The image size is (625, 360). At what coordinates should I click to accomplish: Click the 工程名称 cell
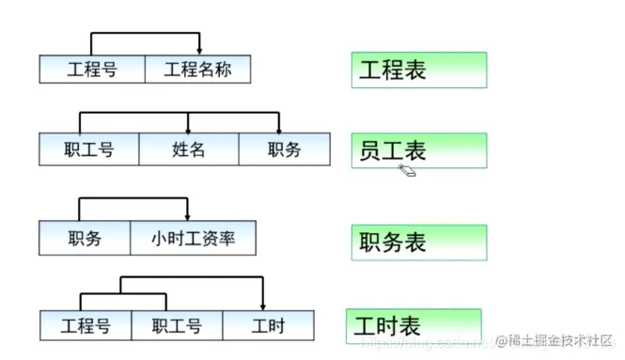click(x=198, y=69)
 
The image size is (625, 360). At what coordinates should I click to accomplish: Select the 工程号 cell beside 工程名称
click(x=92, y=69)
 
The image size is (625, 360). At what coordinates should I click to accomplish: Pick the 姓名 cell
click(x=189, y=149)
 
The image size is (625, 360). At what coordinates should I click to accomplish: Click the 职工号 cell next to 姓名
click(x=89, y=149)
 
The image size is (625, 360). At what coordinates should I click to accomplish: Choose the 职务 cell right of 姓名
click(x=283, y=149)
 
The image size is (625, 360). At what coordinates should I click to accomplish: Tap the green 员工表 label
click(x=419, y=150)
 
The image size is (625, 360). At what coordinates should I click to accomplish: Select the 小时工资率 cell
click(x=193, y=238)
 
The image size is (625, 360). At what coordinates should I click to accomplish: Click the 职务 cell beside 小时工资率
click(x=85, y=238)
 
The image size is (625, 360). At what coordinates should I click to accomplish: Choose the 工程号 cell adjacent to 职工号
click(x=86, y=325)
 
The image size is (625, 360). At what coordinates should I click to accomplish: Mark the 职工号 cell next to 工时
click(x=178, y=325)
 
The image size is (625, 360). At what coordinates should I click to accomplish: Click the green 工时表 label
click(x=414, y=325)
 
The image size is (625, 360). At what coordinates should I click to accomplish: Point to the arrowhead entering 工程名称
click(x=199, y=50)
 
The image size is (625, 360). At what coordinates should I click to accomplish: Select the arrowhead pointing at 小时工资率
click(x=188, y=216)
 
